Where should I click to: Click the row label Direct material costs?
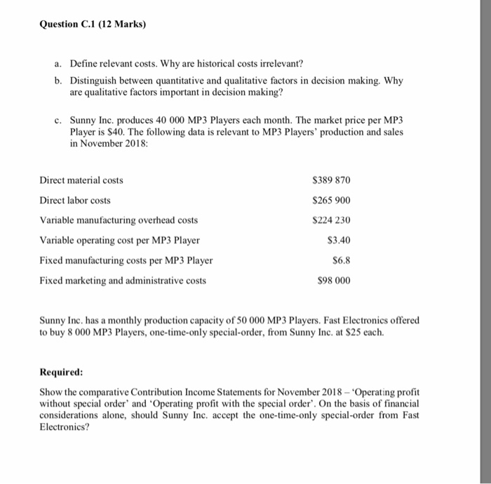pyautogui.click(x=81, y=180)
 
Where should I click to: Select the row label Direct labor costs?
pyautogui.click(x=75, y=201)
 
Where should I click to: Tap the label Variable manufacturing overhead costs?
pyautogui.click(x=119, y=220)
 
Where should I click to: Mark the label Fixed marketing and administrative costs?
pyautogui.click(x=123, y=281)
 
